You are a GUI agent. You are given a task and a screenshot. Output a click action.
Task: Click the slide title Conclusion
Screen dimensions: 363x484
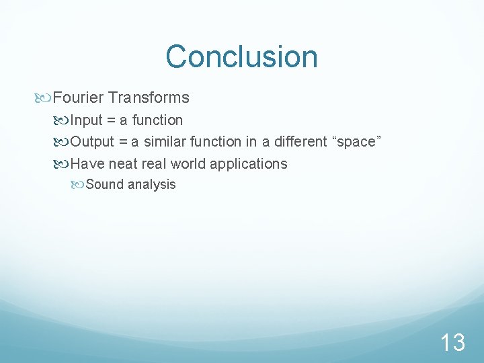click(241, 56)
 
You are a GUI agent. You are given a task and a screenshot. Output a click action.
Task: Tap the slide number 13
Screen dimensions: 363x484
click(452, 343)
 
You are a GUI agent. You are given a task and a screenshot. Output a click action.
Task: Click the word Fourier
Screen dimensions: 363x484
click(78, 98)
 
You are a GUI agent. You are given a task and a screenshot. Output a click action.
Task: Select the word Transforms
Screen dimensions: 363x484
click(149, 98)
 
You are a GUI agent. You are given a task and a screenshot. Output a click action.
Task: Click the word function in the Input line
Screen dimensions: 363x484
click(157, 120)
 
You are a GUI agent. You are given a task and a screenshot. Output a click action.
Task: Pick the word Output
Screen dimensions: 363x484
click(93, 142)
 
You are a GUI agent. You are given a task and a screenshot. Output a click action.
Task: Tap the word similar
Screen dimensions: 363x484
click(165, 142)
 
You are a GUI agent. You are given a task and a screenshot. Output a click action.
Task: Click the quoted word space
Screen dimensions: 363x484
click(354, 142)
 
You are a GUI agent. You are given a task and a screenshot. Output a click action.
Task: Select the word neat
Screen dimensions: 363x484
click(123, 164)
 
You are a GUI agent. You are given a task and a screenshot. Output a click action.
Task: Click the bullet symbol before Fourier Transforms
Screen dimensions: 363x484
click(44, 98)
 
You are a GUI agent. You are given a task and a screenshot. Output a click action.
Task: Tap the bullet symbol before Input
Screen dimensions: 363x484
click(63, 120)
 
